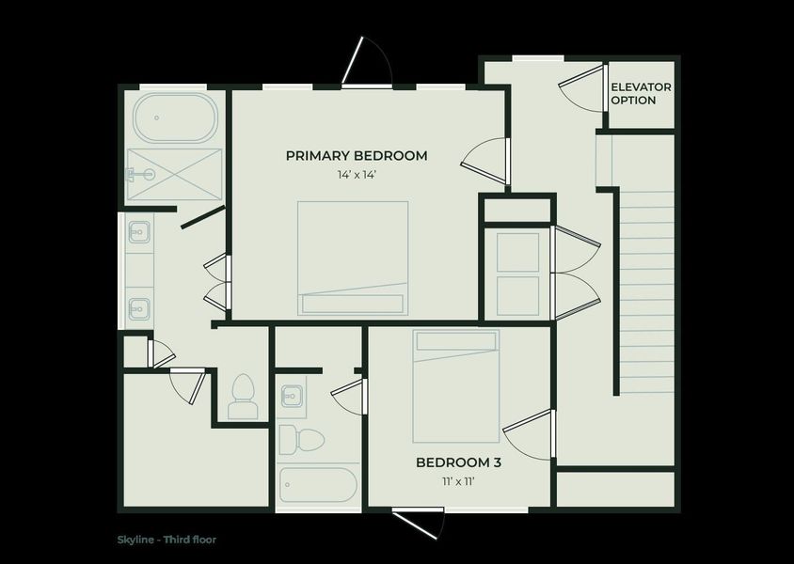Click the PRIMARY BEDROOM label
357,155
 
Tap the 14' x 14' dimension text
357,175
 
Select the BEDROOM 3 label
458,462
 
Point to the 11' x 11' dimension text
458,481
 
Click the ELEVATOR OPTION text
641,93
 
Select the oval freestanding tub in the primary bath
175,117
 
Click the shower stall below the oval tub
175,174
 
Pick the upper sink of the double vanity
138,230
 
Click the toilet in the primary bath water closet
243,395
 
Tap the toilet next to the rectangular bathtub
301,438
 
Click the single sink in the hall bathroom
292,396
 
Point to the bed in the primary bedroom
353,258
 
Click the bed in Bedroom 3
456,385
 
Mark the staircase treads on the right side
647,291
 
